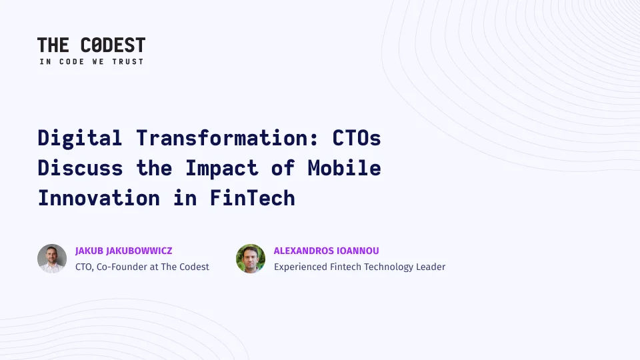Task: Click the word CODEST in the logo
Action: click(113, 45)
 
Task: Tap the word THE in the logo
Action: click(53, 45)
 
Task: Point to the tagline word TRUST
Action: click(128, 61)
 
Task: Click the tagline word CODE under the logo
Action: click(72, 61)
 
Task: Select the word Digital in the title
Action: click(79, 139)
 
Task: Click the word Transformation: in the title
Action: click(227, 137)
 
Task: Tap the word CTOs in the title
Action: click(356, 137)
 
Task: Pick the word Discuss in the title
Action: click(80, 168)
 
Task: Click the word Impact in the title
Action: click(221, 169)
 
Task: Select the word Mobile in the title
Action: click(344, 168)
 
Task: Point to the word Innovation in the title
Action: click(99, 198)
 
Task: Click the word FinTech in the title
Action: click(252, 198)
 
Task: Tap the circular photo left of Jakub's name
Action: click(52, 259)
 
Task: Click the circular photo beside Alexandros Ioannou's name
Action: click(251, 259)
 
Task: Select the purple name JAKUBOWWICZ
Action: click(139, 251)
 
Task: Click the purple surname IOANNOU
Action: click(361, 251)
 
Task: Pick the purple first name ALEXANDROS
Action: click(307, 251)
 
